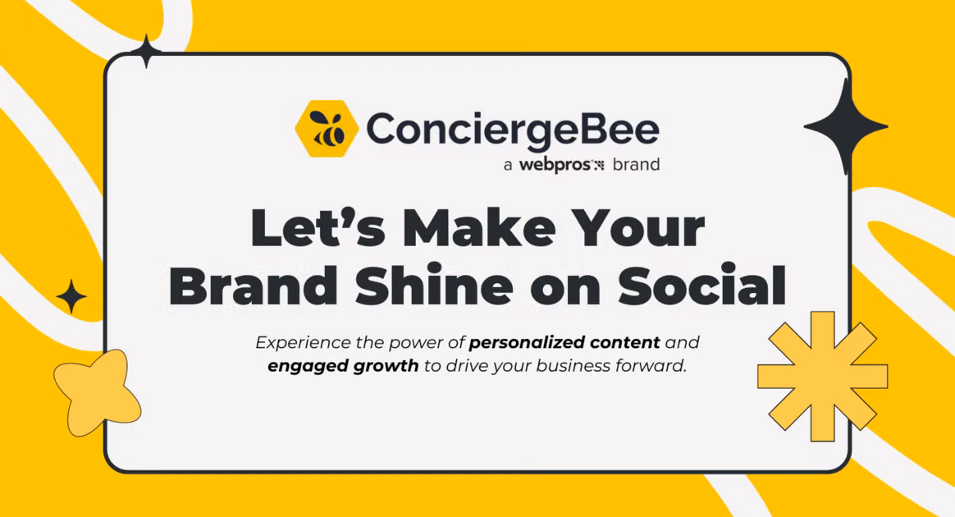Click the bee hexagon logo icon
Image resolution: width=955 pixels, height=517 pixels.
(327, 129)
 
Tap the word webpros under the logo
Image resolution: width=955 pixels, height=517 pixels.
(555, 165)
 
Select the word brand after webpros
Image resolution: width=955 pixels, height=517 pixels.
(636, 164)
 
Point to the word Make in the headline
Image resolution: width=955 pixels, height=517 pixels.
(478, 227)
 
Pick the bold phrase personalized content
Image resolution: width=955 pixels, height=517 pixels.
(564, 343)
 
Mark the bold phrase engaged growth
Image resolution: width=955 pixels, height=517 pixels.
(343, 367)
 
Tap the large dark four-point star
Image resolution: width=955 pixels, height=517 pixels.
(846, 126)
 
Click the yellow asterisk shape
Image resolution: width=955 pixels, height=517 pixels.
(822, 377)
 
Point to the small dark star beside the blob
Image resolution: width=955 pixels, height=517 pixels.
(72, 296)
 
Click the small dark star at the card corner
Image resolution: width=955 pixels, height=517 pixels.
(146, 52)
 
